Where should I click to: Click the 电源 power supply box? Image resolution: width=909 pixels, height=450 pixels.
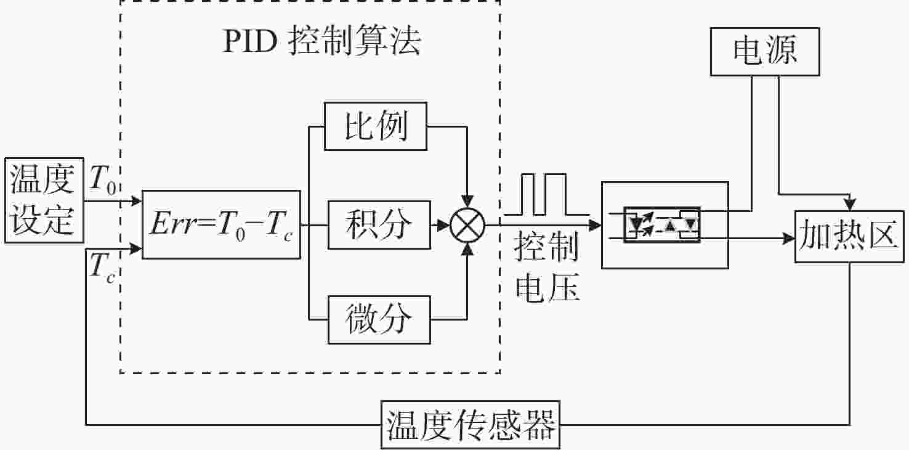(765, 52)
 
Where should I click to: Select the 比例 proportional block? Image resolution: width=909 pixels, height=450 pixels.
(376, 126)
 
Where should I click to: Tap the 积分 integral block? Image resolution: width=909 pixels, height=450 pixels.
(379, 224)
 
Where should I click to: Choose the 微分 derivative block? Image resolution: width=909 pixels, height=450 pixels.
(379, 320)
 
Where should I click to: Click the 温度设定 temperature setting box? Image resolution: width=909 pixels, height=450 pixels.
(44, 200)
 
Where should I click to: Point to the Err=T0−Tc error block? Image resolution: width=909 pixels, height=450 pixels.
(221, 224)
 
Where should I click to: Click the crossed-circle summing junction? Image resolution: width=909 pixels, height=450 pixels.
(467, 226)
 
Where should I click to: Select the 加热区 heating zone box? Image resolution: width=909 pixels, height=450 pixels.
(849, 236)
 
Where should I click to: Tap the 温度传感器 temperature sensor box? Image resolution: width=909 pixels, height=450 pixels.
(471, 425)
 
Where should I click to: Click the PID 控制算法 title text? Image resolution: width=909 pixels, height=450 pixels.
(322, 41)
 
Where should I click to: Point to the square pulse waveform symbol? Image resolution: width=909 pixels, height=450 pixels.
(546, 195)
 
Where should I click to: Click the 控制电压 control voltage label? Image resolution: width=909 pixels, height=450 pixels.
(547, 267)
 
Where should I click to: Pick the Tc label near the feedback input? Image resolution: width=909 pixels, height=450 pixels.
(102, 268)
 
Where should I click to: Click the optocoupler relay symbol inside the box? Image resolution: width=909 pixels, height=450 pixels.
(661, 224)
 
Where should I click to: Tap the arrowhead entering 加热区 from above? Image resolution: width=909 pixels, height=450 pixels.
(849, 204)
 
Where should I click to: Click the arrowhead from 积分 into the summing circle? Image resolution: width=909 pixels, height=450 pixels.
(443, 225)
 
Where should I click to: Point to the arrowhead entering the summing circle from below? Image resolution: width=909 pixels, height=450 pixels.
(467, 250)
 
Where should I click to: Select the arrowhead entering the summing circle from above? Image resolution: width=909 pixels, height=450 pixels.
(467, 202)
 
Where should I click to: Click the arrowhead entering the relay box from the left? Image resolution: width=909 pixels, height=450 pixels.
(595, 225)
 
